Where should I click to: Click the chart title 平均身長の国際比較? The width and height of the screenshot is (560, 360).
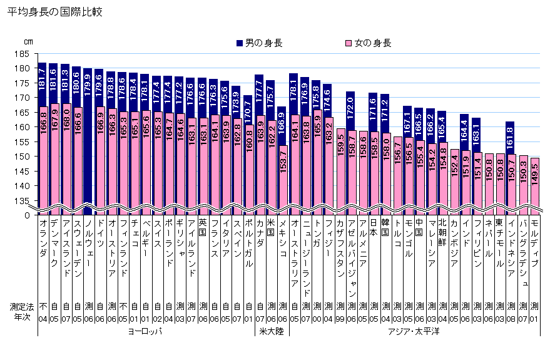coord(54,12)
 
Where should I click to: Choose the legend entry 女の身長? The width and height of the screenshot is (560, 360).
coord(368,43)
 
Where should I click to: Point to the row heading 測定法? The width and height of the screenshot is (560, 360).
coord(21,307)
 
